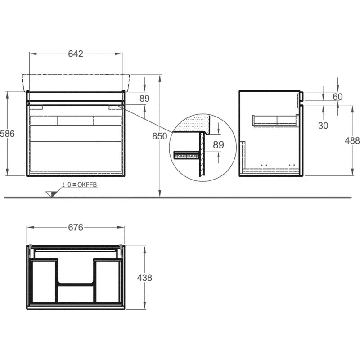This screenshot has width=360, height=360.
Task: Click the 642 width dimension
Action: point(76,54)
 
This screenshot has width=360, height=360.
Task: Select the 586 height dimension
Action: point(7,133)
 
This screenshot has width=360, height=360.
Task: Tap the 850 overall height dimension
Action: point(160,136)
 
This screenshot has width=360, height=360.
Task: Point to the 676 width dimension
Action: point(76,227)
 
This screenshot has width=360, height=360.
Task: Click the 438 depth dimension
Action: point(144,278)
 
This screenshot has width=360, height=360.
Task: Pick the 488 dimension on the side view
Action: point(352,140)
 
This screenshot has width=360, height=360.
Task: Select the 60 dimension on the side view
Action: point(337,97)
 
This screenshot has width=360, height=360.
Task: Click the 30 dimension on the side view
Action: point(323,126)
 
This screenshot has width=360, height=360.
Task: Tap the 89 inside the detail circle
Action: point(218,144)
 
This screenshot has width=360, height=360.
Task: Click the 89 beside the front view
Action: point(144,98)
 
